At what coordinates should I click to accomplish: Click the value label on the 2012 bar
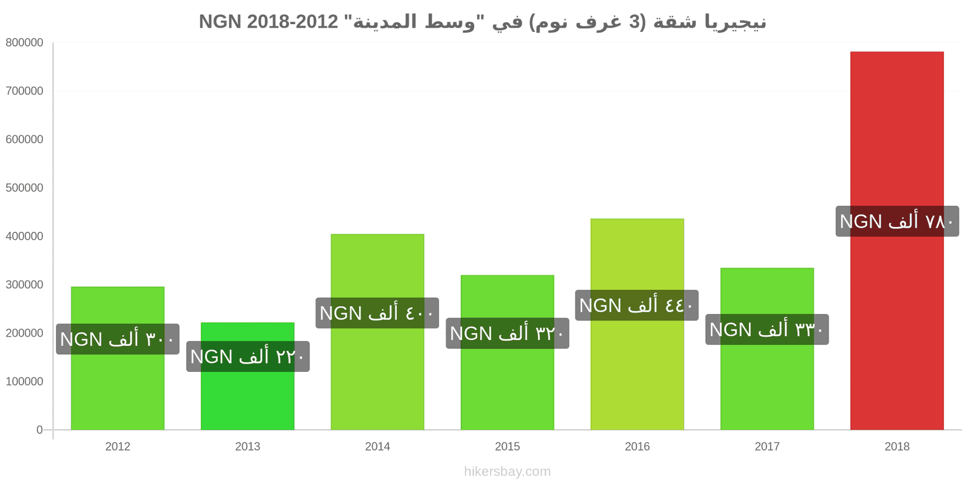tap(118, 339)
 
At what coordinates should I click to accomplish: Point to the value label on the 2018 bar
tap(897, 221)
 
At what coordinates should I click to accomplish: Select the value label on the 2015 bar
tap(507, 333)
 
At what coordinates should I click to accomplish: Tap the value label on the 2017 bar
tap(767, 330)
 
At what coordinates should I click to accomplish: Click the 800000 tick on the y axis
tap(25, 43)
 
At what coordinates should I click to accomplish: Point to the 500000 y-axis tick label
tap(25, 188)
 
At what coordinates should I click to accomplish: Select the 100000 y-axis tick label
tap(25, 382)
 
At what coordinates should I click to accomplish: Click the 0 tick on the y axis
tap(40, 430)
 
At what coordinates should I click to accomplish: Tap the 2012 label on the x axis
tap(118, 446)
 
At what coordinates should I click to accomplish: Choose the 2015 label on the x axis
tap(507, 446)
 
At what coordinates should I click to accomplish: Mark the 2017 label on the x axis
tap(767, 446)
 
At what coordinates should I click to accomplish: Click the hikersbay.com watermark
tap(507, 472)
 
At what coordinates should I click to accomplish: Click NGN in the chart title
tap(220, 22)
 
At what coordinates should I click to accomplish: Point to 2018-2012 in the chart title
tap(293, 22)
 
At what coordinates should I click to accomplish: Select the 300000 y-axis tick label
tap(25, 284)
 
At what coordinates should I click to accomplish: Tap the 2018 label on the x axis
tap(897, 446)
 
